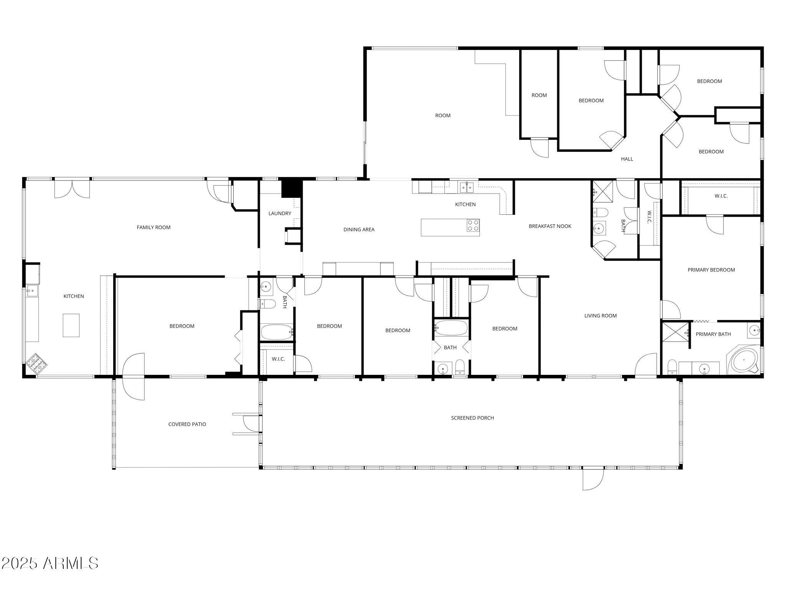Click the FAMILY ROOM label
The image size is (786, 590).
(154, 227)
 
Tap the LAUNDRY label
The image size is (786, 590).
(280, 214)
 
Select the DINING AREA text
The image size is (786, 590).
(359, 230)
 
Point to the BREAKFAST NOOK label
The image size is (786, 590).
(550, 226)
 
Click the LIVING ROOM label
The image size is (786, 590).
(600, 316)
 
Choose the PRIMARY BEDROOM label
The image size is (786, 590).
(711, 270)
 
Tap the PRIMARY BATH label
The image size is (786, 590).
(713, 334)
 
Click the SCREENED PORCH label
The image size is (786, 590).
(472, 418)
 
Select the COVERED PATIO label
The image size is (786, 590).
(187, 424)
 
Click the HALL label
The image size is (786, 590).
(627, 159)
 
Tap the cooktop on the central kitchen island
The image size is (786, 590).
(473, 225)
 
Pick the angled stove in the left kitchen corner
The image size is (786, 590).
(36, 363)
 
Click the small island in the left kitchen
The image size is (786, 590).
(71, 325)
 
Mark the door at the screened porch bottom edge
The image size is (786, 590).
(593, 479)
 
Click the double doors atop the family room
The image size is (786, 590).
(72, 188)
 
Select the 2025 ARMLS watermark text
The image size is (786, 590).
(50, 563)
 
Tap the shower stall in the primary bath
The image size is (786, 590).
(675, 332)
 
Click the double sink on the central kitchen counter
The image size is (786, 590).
(467, 187)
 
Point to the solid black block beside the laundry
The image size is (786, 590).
(292, 188)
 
